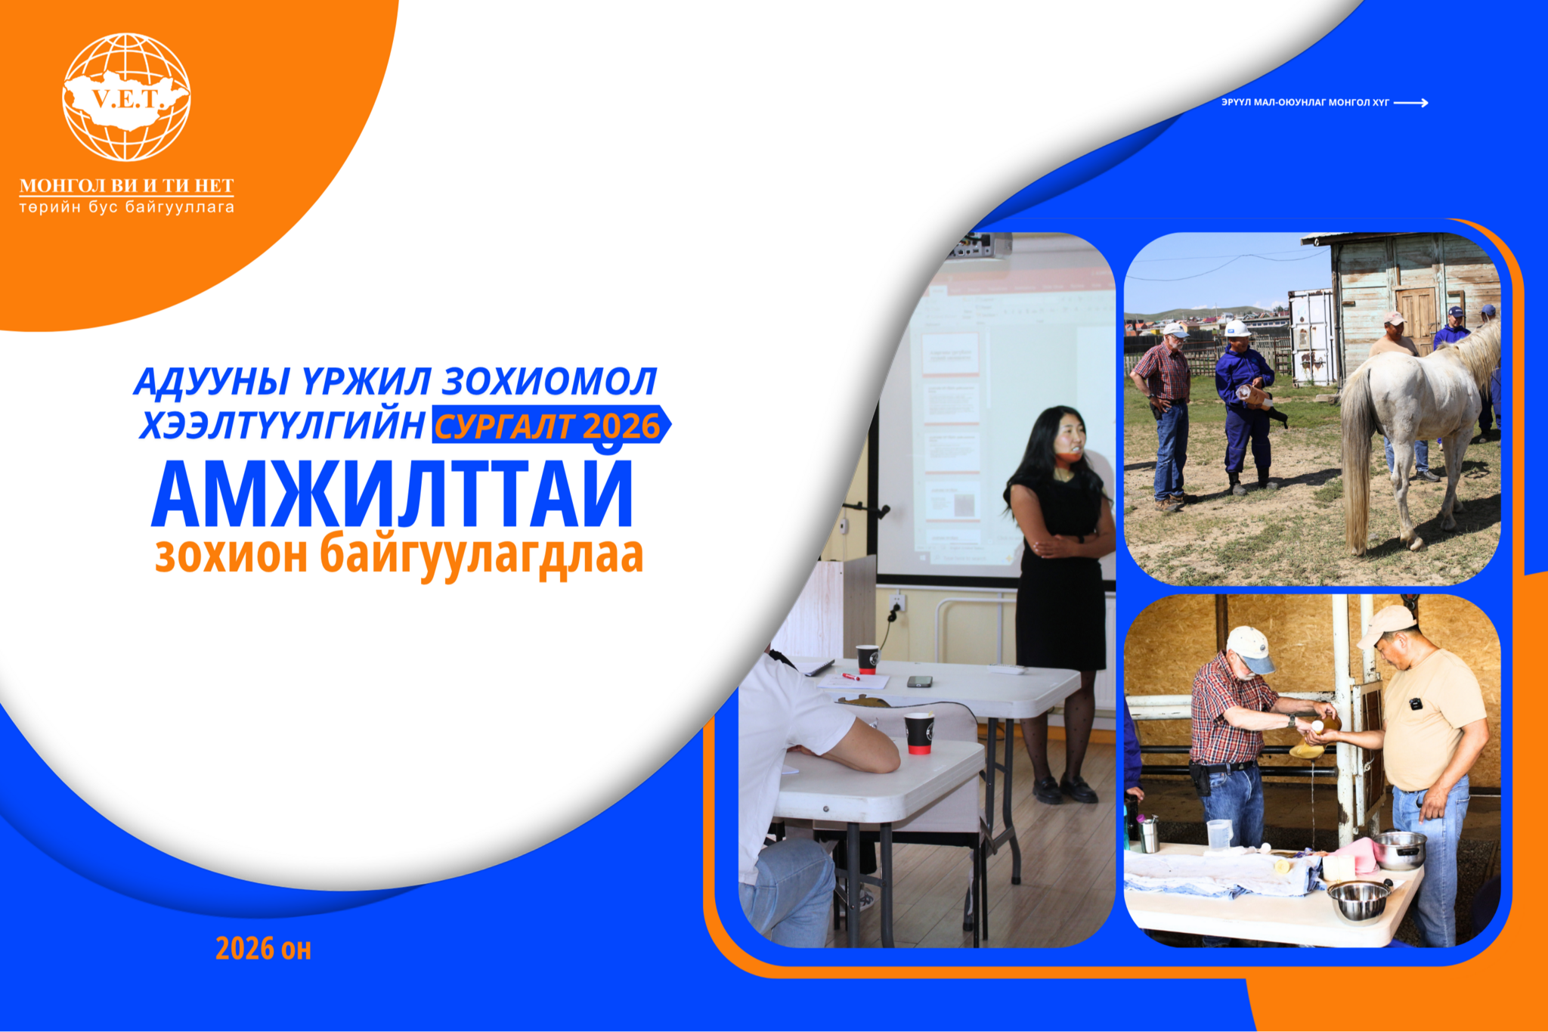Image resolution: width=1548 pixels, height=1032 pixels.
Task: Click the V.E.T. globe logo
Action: pyautogui.click(x=126, y=97)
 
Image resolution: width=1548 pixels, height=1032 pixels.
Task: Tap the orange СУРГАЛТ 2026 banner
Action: pyautogui.click(x=550, y=425)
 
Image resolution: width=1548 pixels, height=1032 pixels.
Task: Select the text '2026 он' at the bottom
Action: pyautogui.click(x=264, y=948)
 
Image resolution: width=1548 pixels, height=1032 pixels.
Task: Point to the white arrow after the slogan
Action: pyautogui.click(x=1411, y=103)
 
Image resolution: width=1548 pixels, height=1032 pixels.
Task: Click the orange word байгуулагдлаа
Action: pyautogui.click(x=481, y=556)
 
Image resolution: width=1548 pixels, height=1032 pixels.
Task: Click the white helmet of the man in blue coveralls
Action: pyautogui.click(x=1237, y=328)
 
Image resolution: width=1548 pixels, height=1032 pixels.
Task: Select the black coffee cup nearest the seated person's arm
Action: pyautogui.click(x=919, y=733)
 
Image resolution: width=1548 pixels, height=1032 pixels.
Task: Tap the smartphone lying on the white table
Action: pyautogui.click(x=919, y=681)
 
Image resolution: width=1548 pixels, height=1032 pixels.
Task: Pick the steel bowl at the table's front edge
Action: pyautogui.click(x=1359, y=900)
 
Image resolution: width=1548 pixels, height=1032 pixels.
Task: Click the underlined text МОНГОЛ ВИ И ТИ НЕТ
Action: pyautogui.click(x=127, y=186)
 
